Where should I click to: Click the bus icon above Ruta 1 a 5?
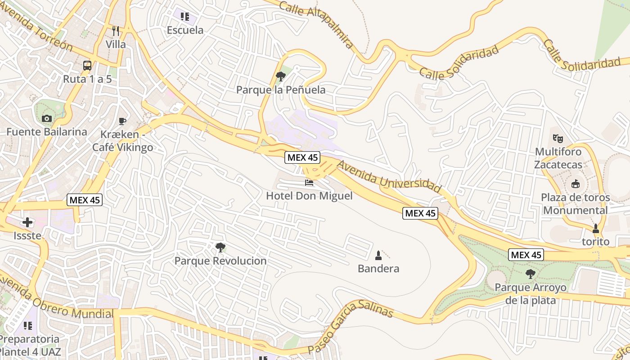click(x=87, y=66)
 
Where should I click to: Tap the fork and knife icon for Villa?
click(x=116, y=31)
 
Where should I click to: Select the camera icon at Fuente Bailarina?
click(x=46, y=119)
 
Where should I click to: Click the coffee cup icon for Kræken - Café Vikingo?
click(x=122, y=121)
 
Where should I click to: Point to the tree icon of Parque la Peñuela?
click(x=281, y=76)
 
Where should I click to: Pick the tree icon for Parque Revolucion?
click(x=220, y=247)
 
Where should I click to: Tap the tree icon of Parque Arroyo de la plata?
click(x=531, y=274)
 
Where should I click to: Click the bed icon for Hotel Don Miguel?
click(x=309, y=182)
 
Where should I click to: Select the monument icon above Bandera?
click(x=378, y=256)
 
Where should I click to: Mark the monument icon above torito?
click(x=596, y=229)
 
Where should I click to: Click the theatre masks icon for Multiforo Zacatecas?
click(x=558, y=138)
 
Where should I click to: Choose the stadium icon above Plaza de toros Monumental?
click(x=575, y=184)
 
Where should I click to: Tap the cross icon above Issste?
click(x=27, y=222)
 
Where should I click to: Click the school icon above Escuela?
click(x=185, y=17)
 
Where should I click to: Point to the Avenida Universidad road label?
click(x=389, y=176)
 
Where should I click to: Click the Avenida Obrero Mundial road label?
click(x=56, y=299)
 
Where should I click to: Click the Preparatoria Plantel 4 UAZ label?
click(x=30, y=345)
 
